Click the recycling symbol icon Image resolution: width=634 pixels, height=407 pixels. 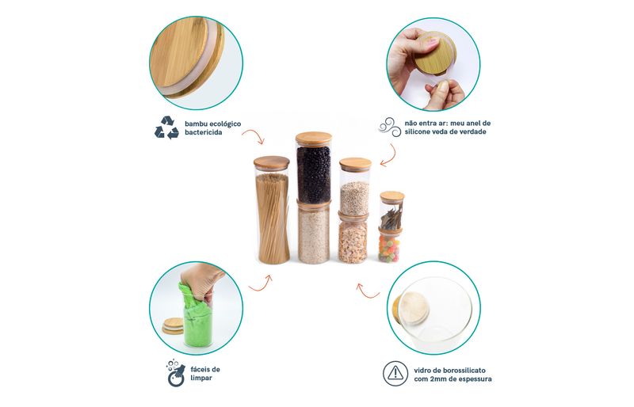click(x=166, y=127)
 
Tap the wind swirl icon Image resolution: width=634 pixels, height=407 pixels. click(x=389, y=127)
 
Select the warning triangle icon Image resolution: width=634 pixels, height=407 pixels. click(x=395, y=374)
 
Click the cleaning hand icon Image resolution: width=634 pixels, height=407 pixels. click(x=176, y=373)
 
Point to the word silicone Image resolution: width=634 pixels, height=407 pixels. click(x=418, y=131)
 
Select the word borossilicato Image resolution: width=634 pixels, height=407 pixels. click(x=464, y=371)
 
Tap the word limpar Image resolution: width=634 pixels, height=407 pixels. click(x=201, y=378)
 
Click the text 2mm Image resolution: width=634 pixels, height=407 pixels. click(x=438, y=379)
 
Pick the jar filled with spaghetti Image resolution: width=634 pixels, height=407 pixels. click(x=272, y=210)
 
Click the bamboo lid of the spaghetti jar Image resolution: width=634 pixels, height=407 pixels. click(x=272, y=162)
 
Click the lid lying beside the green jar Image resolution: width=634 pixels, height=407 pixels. click(x=173, y=325)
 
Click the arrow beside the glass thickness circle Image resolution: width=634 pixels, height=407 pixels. click(x=367, y=291)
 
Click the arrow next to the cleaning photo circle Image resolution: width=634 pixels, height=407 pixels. click(x=261, y=284)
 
